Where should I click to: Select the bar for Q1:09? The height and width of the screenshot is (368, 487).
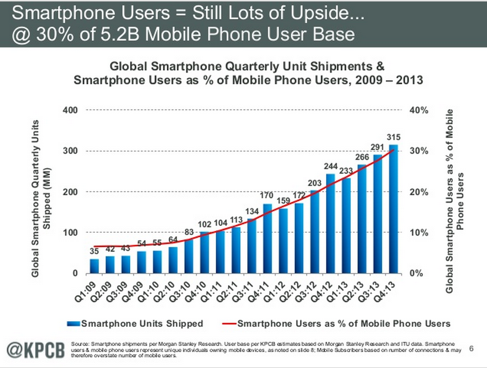94,266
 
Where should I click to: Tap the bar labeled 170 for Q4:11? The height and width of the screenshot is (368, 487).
267,239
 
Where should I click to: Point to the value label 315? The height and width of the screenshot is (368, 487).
394,137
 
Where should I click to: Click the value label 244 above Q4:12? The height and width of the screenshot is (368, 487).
330,166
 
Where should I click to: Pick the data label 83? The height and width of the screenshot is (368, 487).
189,232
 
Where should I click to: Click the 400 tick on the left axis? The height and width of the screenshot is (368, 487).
70,110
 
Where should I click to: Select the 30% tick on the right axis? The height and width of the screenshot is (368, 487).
418,151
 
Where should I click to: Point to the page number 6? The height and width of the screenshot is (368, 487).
471,348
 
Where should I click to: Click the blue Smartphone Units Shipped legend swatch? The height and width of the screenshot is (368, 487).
74,324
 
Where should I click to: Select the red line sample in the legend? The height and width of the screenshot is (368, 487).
229,324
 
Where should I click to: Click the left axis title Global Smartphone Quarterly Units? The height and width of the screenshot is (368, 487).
35,198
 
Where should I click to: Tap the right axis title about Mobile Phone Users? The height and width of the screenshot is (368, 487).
454,201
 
